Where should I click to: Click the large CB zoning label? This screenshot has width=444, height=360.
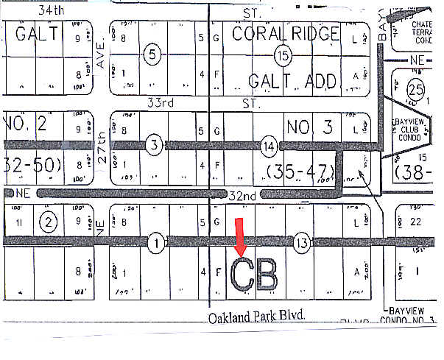click(255, 275)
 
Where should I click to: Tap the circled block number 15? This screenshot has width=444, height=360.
click(281, 54)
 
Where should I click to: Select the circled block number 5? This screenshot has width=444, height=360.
click(152, 54)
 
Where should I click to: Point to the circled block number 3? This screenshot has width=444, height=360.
click(152, 146)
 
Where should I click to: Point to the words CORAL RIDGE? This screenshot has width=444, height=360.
click(286, 33)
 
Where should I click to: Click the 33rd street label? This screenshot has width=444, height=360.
click(159, 104)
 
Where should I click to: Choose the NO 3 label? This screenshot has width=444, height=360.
click(306, 126)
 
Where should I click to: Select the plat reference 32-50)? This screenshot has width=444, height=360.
click(31, 164)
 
